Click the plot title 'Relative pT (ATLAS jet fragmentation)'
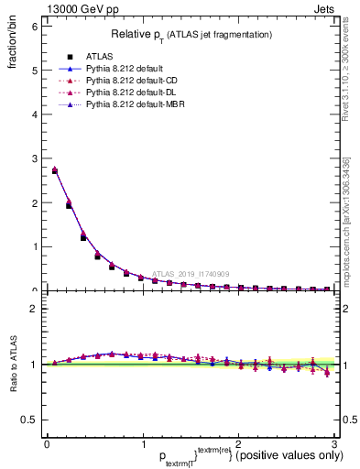click(x=191, y=34)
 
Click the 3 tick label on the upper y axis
click(x=34, y=158)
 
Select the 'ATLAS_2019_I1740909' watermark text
click(x=192, y=273)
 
